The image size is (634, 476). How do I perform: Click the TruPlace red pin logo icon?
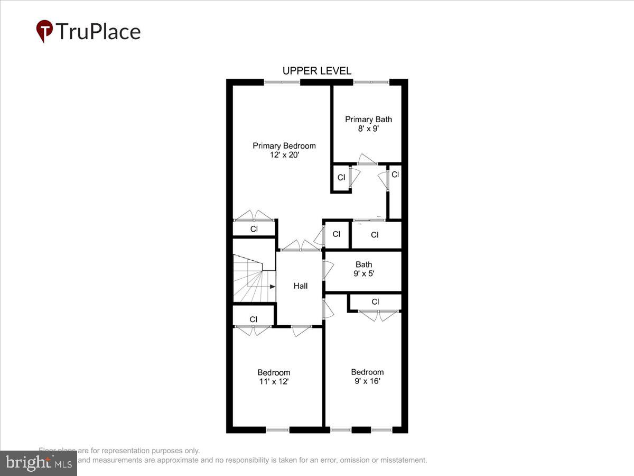[x=44, y=31]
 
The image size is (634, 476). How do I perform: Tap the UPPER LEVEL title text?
[x=316, y=71]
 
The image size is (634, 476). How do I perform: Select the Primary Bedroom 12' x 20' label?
[x=284, y=150]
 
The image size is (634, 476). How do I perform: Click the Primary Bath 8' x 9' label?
[x=368, y=124]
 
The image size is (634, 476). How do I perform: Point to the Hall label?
[x=301, y=286]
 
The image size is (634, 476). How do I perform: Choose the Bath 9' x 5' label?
[x=363, y=269]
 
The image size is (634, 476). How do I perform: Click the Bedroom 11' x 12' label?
[x=274, y=377]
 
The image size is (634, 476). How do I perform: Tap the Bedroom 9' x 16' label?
[x=367, y=376]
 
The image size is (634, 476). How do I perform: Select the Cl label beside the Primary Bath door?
[x=341, y=177]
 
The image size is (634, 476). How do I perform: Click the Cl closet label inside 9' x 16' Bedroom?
[x=375, y=302]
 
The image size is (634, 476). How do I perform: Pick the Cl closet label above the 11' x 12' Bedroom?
[x=254, y=319]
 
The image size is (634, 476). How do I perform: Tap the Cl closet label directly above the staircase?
[x=254, y=229]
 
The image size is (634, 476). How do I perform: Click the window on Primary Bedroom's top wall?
[x=282, y=82]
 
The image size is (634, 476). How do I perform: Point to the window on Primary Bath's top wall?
[x=371, y=82]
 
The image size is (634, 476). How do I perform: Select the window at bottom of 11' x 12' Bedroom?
[x=277, y=430]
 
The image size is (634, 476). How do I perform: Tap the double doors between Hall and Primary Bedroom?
[x=300, y=246]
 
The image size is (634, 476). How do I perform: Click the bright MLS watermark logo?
[x=39, y=463]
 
